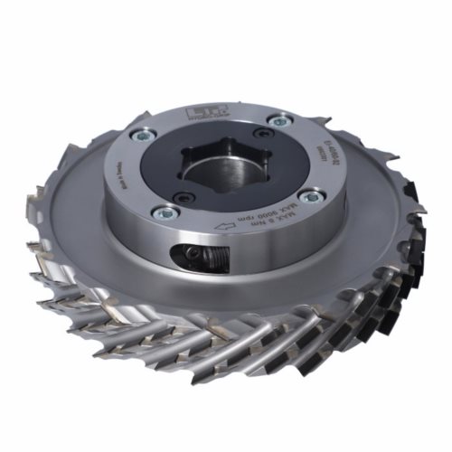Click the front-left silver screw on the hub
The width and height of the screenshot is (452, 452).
pyautogui.click(x=165, y=213)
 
